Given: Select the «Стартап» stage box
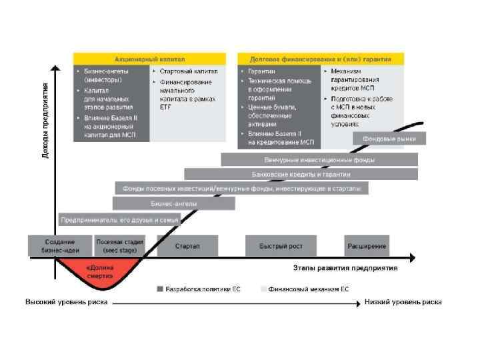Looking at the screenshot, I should click(x=187, y=246).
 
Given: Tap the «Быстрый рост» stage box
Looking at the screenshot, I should click(x=281, y=246).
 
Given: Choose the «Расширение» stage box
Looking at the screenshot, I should click(x=367, y=246).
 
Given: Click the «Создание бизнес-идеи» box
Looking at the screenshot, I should click(x=59, y=246).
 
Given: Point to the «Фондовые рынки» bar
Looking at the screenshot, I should click(x=389, y=139).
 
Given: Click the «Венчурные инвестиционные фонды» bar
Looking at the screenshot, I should click(x=319, y=160).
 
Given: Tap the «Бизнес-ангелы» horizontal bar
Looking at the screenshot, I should click(x=173, y=203).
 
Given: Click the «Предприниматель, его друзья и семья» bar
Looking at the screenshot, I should click(x=120, y=219).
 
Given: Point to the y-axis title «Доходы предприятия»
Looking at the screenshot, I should click(x=45, y=120).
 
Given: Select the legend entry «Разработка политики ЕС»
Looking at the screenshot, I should click(x=198, y=289).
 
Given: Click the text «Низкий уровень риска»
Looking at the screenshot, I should click(x=403, y=302).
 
